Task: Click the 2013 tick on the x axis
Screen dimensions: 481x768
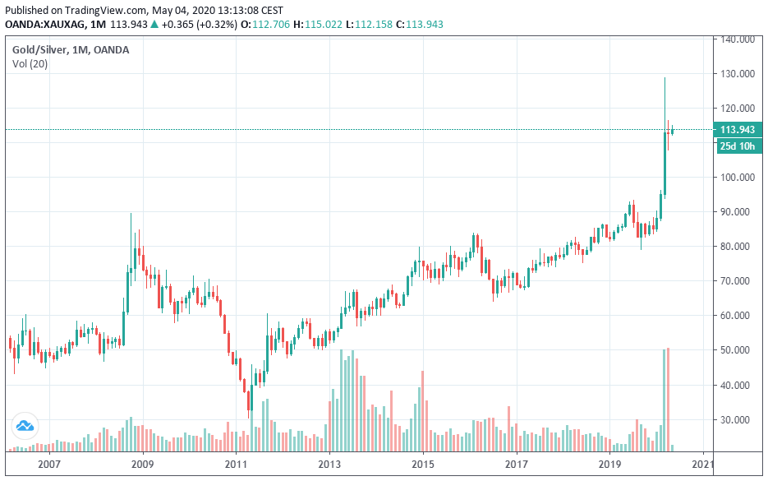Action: (x=329, y=465)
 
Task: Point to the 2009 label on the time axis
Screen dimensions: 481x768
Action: (x=142, y=465)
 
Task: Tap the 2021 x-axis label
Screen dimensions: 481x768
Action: (x=703, y=465)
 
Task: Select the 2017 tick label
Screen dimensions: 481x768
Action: (x=516, y=465)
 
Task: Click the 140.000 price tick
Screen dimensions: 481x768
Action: (x=738, y=39)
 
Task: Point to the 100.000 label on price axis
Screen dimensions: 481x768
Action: (x=738, y=177)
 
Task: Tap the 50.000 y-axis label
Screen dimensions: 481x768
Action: (x=738, y=350)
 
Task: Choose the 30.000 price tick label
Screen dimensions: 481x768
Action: (x=738, y=419)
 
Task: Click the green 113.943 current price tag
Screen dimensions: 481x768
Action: (x=739, y=129)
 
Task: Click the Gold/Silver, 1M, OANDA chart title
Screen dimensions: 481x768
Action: (x=70, y=49)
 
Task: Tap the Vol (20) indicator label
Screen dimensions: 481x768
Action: (x=30, y=64)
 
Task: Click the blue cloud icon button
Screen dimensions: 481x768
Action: (x=25, y=426)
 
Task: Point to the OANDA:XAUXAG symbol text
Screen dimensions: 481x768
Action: (x=44, y=24)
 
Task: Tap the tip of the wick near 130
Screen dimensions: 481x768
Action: (x=665, y=77)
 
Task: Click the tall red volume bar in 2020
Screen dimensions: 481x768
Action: (x=669, y=400)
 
